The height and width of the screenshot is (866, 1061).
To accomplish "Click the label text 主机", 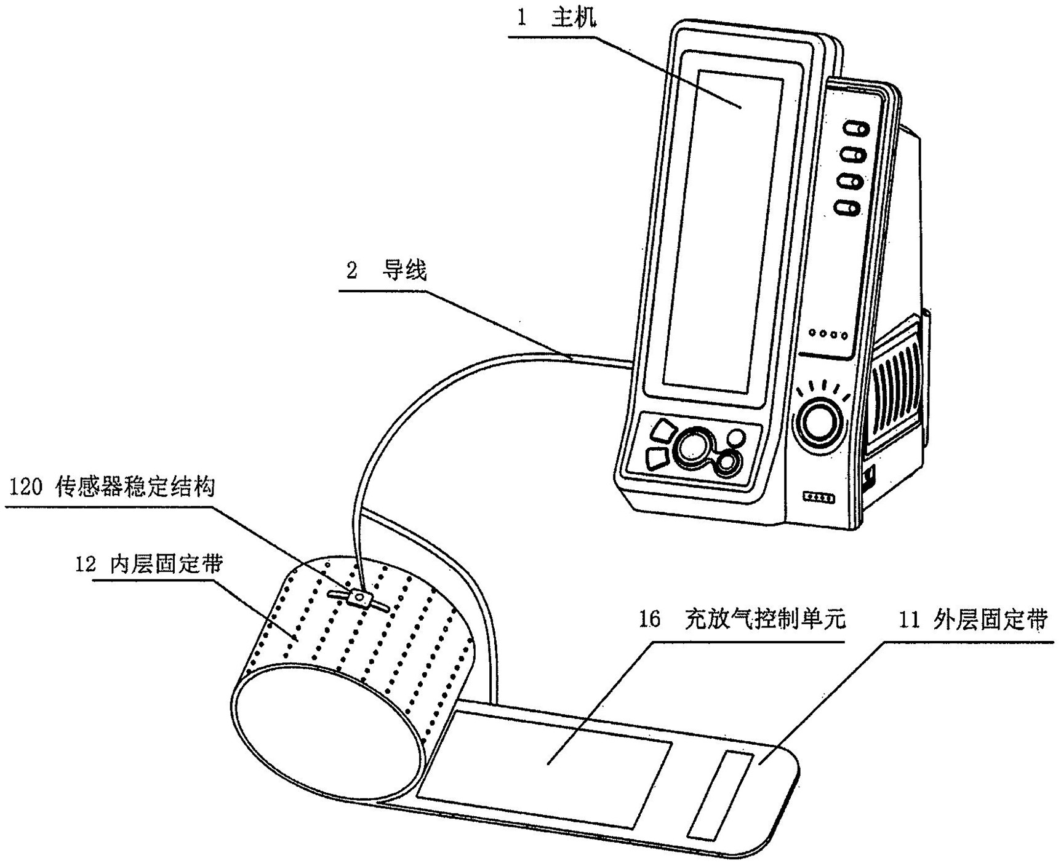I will (573, 18).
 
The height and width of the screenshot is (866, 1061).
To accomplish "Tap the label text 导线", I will (404, 270).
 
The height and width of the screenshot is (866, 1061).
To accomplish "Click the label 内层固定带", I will (166, 564).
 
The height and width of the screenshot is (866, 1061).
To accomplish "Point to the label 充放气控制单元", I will (766, 619).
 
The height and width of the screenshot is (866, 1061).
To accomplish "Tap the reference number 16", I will (649, 619).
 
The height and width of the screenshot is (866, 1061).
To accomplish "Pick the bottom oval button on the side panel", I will (847, 208).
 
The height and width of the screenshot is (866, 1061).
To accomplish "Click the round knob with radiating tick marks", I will (819, 423).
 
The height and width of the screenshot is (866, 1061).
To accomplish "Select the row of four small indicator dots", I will (828, 335).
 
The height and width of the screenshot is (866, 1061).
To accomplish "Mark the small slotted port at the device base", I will (819, 498).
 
